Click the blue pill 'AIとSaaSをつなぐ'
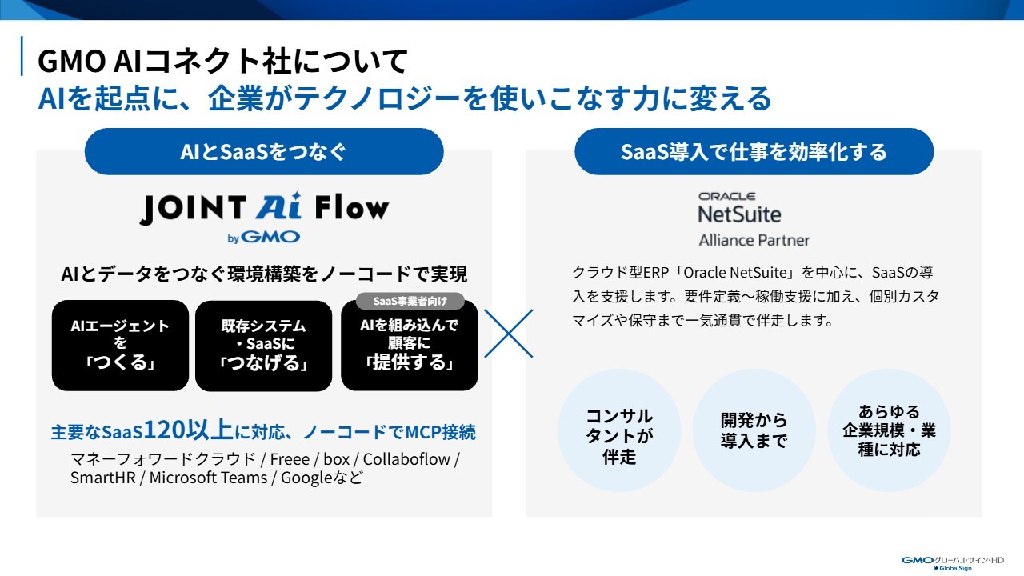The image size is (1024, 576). (264, 151)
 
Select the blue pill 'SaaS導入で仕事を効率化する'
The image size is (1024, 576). (754, 151)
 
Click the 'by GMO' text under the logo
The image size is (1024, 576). (264, 238)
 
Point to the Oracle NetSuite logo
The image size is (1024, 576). (740, 207)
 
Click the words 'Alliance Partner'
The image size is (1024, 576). (754, 240)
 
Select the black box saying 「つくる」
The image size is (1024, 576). (120, 345)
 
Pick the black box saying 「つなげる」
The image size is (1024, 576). (264, 345)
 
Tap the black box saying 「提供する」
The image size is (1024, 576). (410, 345)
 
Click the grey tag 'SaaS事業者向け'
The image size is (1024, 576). (410, 302)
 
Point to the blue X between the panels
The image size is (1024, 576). (508, 334)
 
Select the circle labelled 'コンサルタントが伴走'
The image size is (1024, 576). (619, 430)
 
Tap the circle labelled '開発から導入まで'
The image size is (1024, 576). (754, 430)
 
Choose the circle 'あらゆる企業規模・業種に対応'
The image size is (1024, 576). (889, 430)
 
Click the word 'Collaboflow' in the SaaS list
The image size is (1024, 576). (406, 459)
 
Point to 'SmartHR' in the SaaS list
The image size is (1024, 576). (103, 478)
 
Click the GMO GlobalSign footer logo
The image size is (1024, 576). (953, 563)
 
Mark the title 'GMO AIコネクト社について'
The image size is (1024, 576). (222, 61)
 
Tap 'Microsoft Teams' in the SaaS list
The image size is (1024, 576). (208, 478)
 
